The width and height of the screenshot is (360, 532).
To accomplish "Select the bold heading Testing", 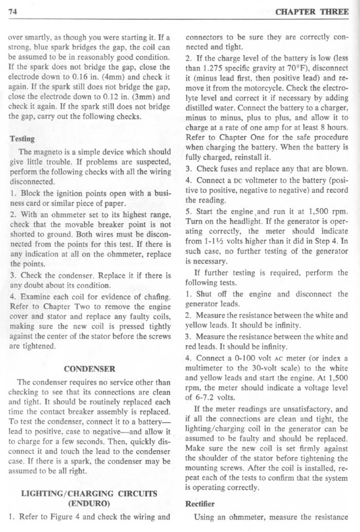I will pyautogui.click(x=22, y=139).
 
